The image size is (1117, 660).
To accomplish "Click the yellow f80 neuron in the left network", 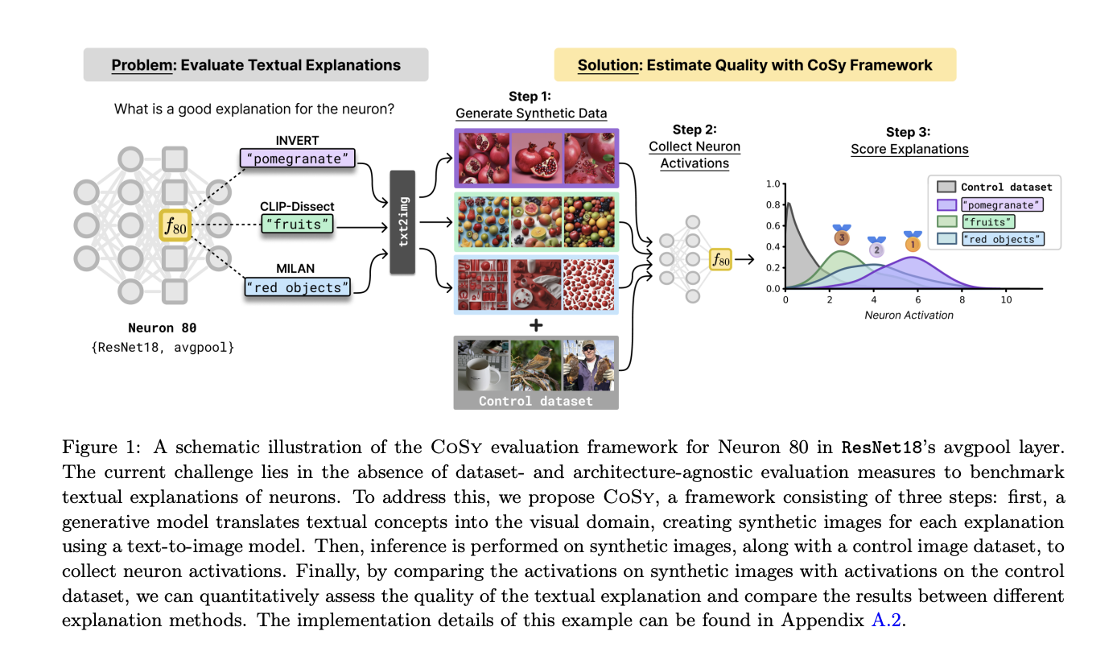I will tap(175, 226).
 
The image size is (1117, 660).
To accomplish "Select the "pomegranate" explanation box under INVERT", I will tap(297, 159).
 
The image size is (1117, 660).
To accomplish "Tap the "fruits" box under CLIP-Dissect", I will tap(297, 224).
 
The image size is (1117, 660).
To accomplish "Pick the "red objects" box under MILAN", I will tap(298, 287).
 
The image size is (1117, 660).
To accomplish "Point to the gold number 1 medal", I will tap(912, 241).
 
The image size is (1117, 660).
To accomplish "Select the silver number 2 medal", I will tap(876, 247).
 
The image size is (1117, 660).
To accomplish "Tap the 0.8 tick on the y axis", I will tap(773, 204).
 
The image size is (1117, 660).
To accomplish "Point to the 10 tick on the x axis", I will tap(1006, 299).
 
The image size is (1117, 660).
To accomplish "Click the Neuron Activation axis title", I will tap(909, 316).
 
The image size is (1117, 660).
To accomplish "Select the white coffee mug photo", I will tap(481, 365).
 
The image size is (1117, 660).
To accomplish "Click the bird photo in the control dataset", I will tap(535, 365).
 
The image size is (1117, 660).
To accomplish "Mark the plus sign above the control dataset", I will tap(535, 324).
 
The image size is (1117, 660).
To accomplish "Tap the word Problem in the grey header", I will tap(142, 65).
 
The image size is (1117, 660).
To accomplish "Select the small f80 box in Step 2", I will tap(720, 259).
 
